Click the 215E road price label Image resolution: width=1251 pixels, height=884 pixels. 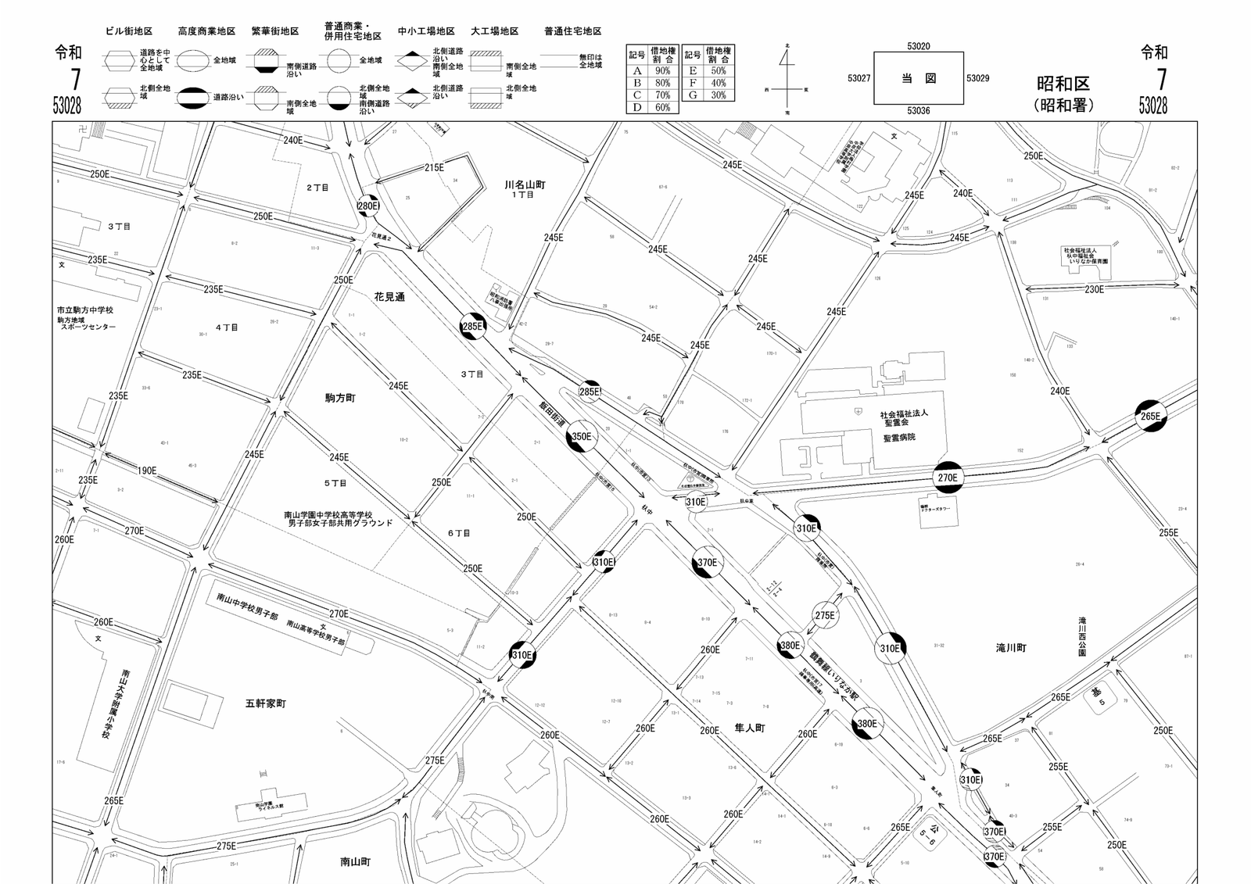(434, 167)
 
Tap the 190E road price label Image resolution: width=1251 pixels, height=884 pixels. (147, 471)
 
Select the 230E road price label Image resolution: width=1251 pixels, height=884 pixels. (1094, 289)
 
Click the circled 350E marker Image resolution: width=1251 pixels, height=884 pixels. (582, 437)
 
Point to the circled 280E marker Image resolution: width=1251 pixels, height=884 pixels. (367, 206)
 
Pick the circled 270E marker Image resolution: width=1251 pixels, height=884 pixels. (947, 477)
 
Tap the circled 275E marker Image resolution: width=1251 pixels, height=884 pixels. (825, 615)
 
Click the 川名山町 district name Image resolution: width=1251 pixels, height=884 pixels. (525, 185)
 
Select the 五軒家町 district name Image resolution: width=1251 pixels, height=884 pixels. (266, 703)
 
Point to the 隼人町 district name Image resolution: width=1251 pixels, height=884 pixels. (749, 728)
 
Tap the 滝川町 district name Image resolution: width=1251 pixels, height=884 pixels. (1011, 648)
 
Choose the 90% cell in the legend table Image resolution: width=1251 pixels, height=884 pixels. (662, 71)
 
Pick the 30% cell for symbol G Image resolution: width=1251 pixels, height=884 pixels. (718, 95)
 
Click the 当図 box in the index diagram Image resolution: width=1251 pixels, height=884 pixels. (918, 78)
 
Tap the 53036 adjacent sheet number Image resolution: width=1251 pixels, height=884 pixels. (918, 111)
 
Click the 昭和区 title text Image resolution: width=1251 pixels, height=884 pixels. (1063, 84)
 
